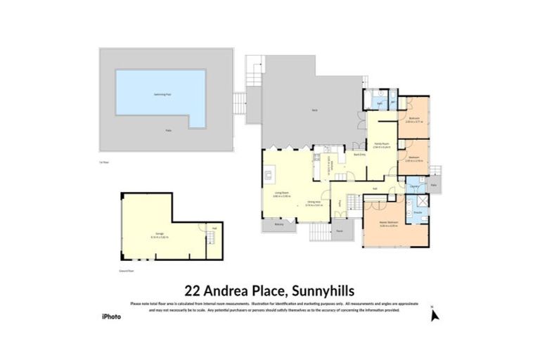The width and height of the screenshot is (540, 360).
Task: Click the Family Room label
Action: [x=381, y=146]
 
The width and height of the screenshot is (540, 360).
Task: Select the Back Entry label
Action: [x=359, y=154]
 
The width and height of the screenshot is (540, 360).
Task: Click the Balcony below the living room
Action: [x=279, y=225]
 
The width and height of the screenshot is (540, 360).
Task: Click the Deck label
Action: [x=314, y=111]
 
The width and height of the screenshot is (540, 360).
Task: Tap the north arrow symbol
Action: [x=435, y=315]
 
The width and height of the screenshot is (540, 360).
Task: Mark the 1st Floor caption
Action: [x=105, y=161]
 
